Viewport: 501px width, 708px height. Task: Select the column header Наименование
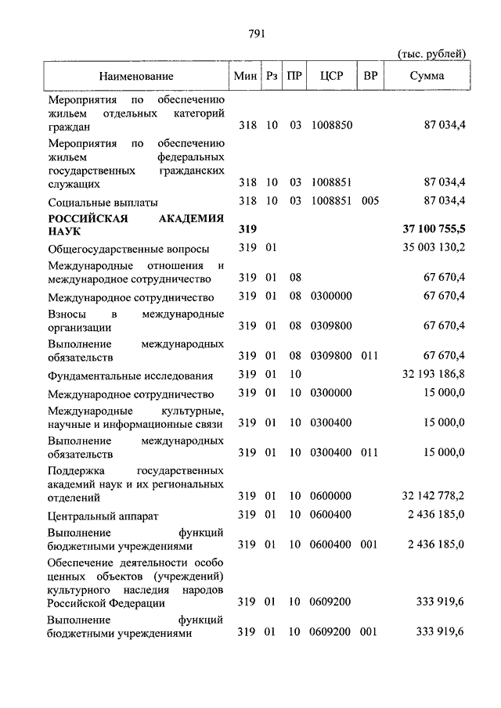pos(136,76)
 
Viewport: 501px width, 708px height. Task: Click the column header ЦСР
pos(331,76)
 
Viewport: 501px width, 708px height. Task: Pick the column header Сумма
pos(426,76)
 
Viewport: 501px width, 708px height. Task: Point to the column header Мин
pos(247,76)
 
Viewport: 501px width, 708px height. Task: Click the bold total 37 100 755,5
pos(433,230)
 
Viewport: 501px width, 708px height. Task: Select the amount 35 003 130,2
pos(434,249)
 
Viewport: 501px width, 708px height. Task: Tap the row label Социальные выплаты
pos(103,201)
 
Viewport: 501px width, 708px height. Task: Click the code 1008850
pos(331,125)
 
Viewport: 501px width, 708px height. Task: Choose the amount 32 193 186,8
pos(434,375)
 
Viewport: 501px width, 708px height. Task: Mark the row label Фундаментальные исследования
pos(129,376)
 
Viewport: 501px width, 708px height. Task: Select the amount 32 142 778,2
pos(434,495)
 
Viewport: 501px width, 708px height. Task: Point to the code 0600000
pos(331,495)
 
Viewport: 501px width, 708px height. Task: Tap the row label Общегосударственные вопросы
pos(128,250)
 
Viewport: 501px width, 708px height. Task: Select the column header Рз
pos(272,76)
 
